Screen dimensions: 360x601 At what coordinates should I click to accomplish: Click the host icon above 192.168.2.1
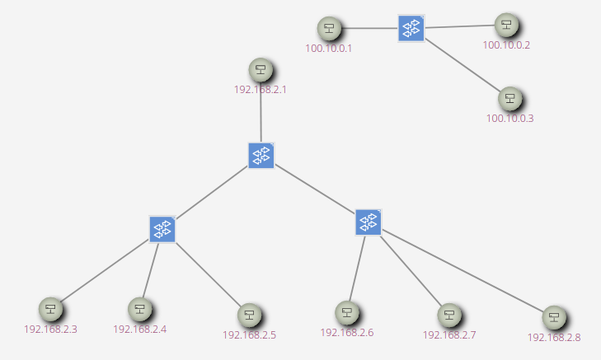point(261,70)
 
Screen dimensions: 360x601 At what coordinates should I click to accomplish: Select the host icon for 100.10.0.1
point(329,29)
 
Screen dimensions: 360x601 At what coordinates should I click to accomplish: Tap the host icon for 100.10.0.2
point(506,26)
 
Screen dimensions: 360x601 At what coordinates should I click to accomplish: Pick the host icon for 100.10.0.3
point(510,99)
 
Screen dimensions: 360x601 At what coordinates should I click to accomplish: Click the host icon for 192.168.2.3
point(50,310)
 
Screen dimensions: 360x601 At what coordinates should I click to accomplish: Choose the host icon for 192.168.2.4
point(140,310)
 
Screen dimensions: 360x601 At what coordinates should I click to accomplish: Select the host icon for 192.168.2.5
point(249,316)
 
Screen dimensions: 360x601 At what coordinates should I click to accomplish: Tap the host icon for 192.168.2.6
point(347,313)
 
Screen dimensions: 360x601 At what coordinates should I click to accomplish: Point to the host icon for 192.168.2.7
point(448,316)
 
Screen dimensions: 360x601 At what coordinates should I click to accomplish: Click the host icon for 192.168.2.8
point(555,318)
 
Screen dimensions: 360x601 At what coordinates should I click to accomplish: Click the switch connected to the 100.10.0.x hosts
point(411,29)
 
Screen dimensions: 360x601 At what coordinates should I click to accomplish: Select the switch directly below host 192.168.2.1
point(261,155)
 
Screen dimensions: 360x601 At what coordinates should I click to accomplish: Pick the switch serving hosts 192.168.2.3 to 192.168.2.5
point(162,229)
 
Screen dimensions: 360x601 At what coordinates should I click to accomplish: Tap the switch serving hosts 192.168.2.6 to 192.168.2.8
point(369,222)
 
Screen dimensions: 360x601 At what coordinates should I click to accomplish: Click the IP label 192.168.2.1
point(261,90)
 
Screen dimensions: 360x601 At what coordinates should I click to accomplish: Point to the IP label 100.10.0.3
point(509,119)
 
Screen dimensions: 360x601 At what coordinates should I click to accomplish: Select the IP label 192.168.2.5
point(249,335)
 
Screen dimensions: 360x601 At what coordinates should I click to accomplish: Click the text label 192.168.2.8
point(554,338)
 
